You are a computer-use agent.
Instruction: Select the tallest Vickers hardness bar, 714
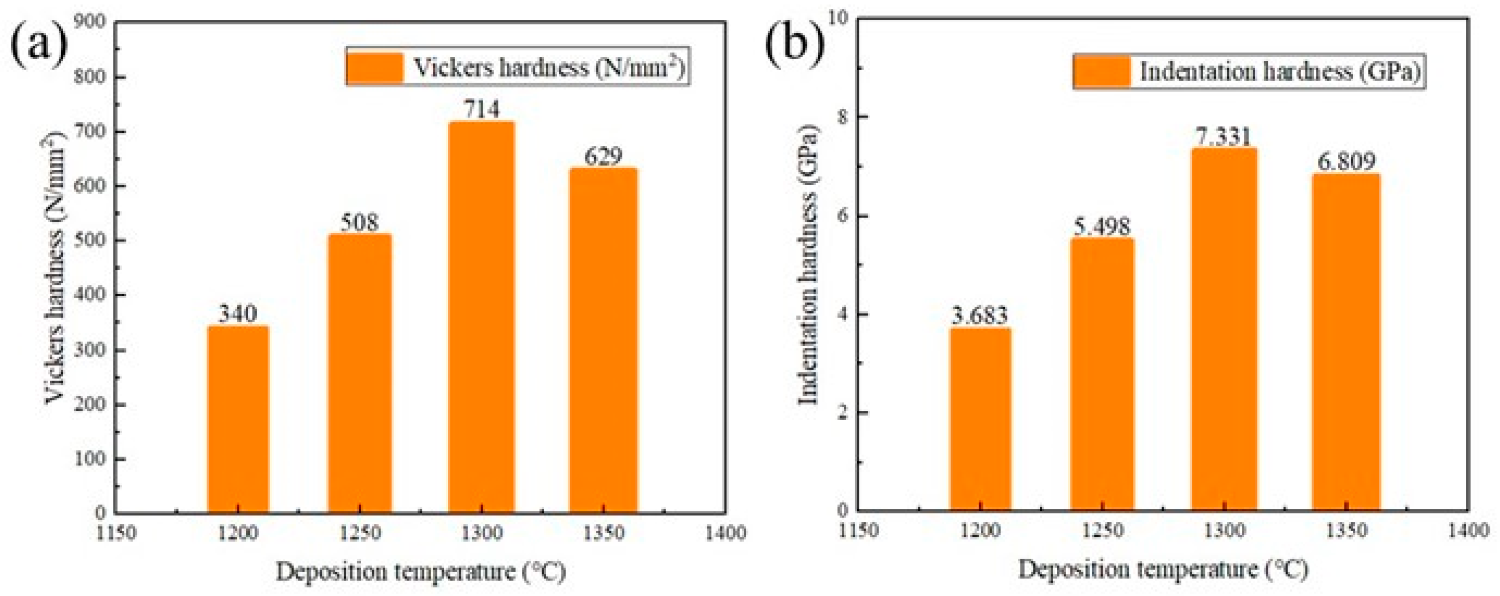pos(481,318)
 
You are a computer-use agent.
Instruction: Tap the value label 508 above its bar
pos(359,223)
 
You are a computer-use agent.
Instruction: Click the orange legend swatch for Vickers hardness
pos(375,67)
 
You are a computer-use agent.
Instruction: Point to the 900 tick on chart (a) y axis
pos(90,21)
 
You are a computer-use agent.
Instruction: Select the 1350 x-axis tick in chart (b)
pos(1346,531)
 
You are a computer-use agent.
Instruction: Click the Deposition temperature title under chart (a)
pos(420,572)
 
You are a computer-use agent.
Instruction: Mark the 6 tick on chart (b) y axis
pos(840,216)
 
